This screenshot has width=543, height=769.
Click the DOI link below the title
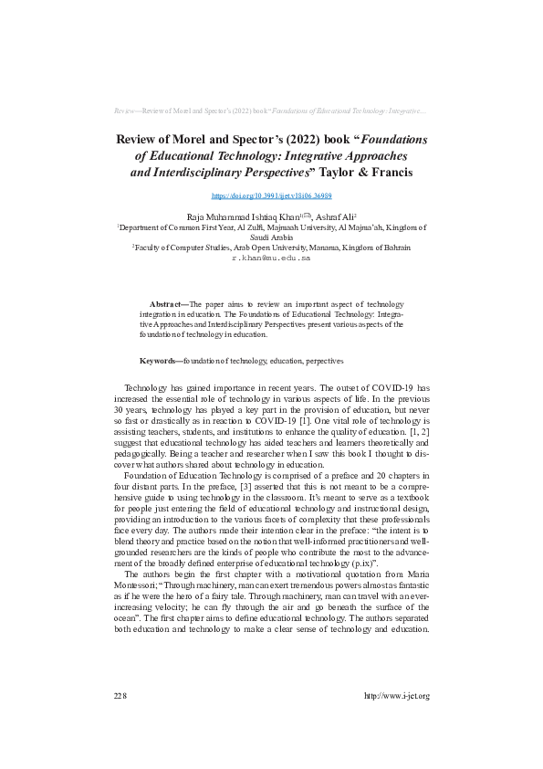point(271,195)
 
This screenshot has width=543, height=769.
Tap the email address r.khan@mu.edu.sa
point(271,258)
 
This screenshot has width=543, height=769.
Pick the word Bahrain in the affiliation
point(395,247)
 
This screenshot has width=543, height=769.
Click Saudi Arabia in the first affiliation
point(271,236)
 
